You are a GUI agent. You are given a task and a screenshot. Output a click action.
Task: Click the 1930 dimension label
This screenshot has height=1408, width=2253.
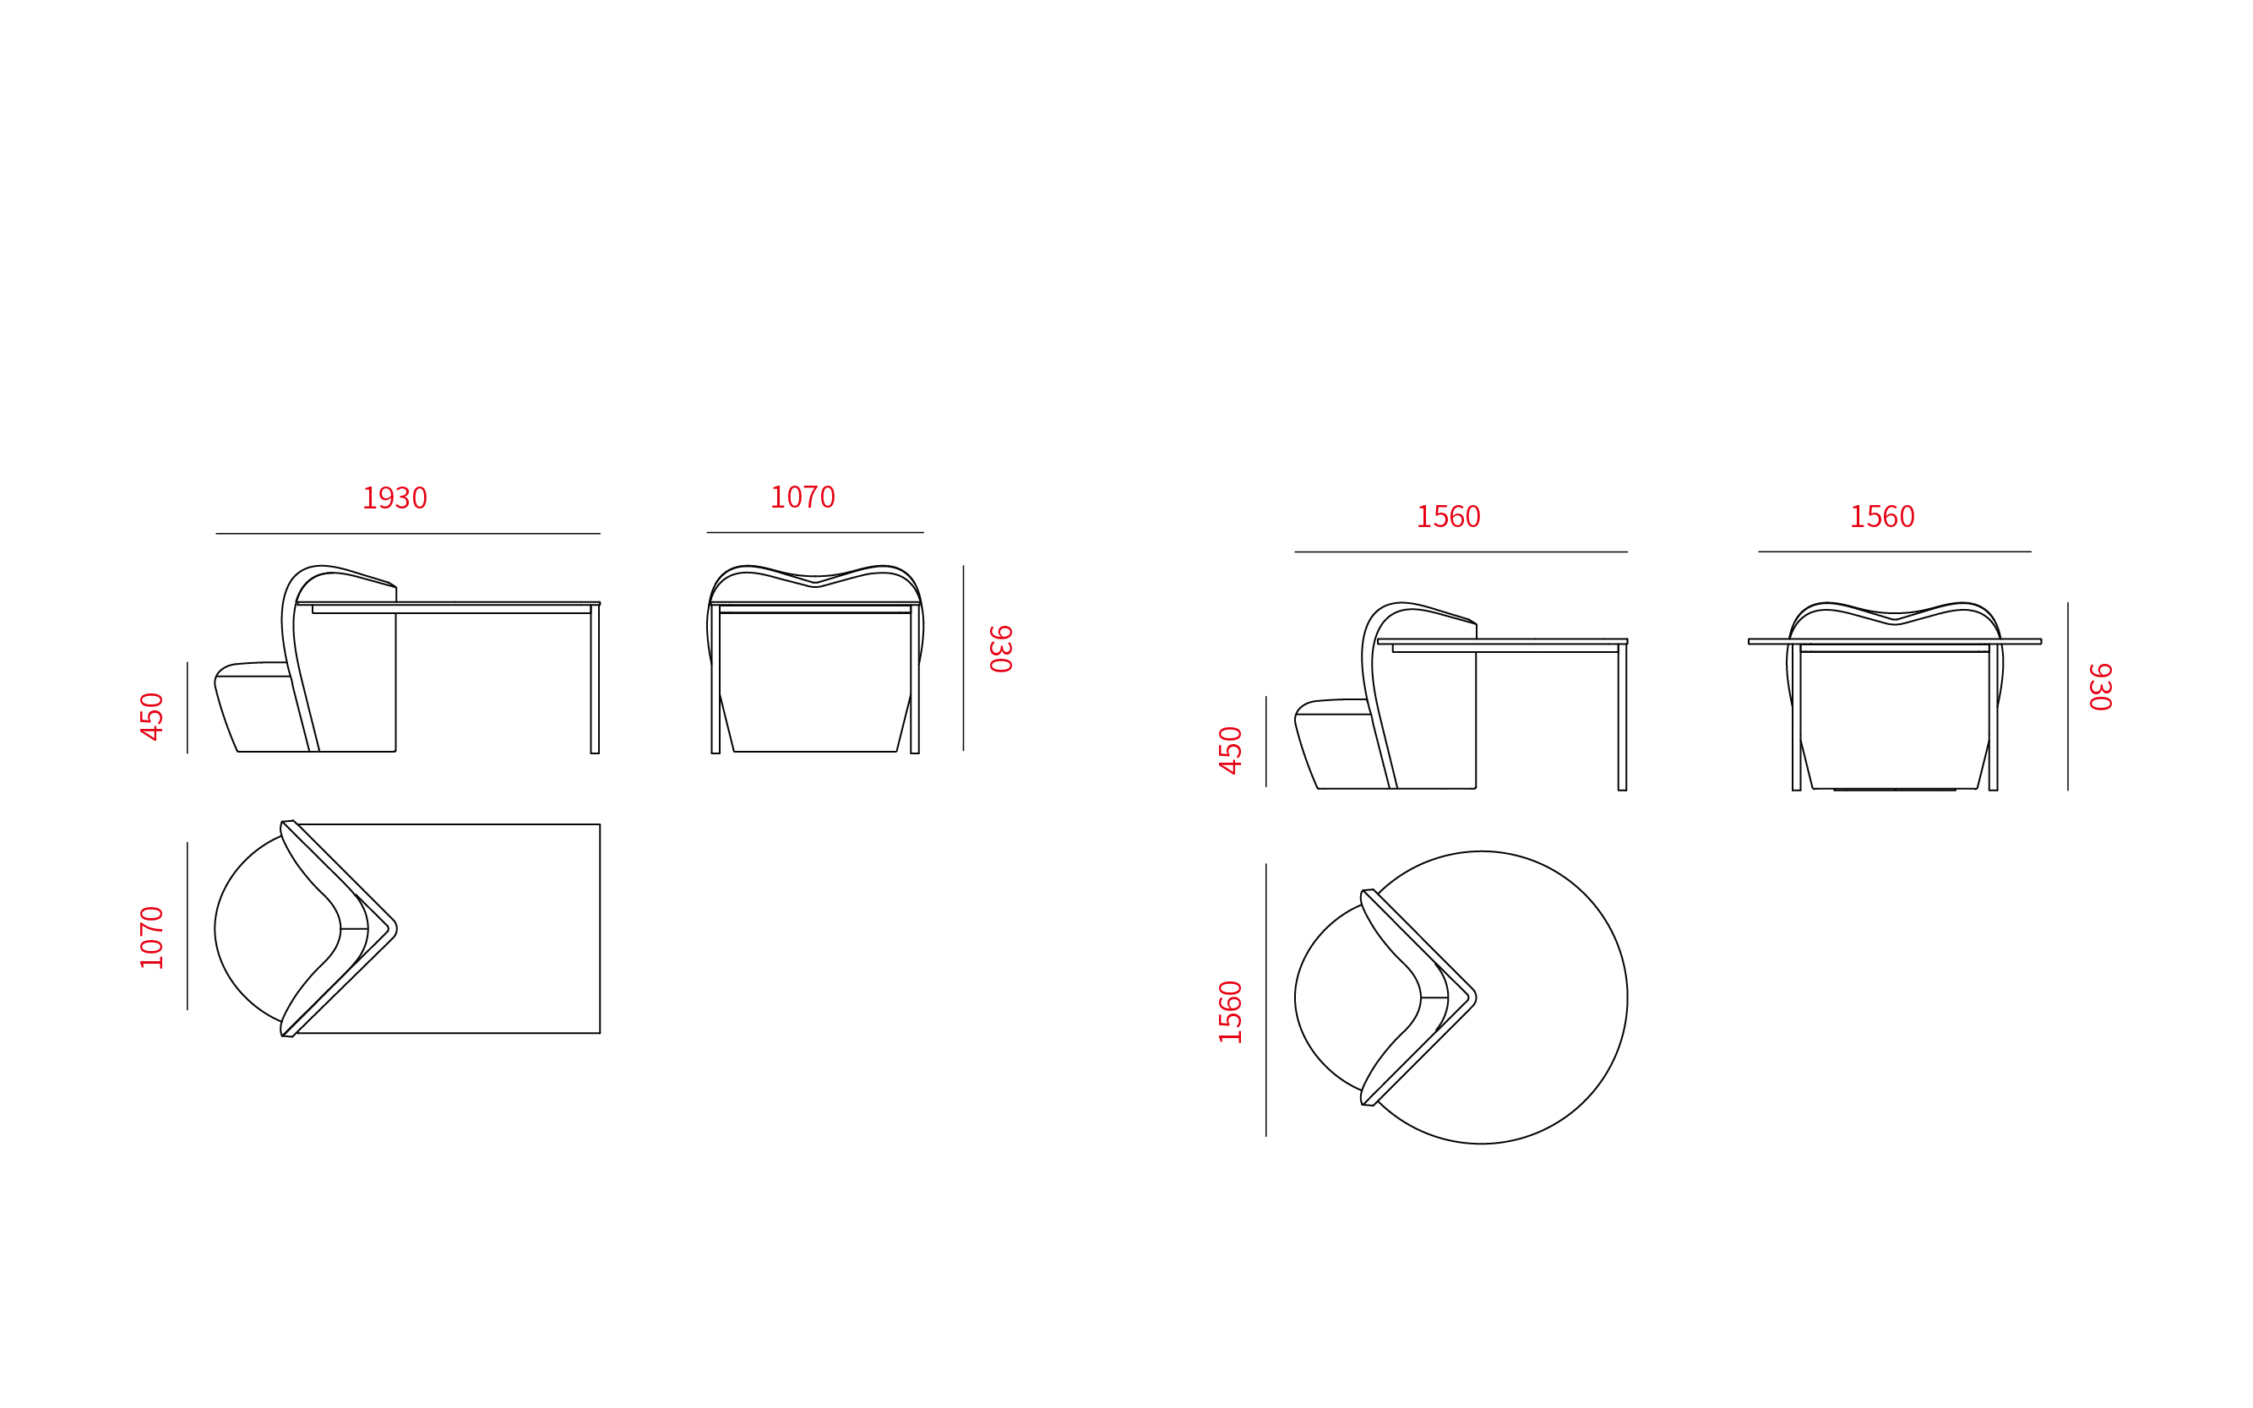tap(394, 498)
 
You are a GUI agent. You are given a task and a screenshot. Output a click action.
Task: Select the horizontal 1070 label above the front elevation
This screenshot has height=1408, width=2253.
tap(802, 497)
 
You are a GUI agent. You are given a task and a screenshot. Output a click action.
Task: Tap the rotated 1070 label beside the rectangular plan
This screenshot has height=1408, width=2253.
tap(152, 938)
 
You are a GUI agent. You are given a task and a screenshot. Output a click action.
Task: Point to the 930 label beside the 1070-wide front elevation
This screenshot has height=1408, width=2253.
tap(1000, 649)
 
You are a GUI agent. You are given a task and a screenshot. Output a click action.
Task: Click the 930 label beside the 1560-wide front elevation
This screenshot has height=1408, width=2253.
tap(2100, 688)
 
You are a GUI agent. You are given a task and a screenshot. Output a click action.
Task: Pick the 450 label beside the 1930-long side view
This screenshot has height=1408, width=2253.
tap(152, 716)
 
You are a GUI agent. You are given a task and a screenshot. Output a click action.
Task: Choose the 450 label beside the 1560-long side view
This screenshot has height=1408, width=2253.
tap(1230, 750)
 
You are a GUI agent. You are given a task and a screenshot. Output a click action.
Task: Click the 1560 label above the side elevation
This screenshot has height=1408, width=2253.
tap(1448, 517)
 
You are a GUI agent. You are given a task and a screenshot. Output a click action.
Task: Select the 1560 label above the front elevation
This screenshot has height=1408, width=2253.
tap(1881, 517)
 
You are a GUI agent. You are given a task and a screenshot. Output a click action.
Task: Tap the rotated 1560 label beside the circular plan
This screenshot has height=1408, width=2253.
tap(1230, 1012)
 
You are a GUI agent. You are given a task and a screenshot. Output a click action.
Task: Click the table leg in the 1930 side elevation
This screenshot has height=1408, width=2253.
tap(594, 679)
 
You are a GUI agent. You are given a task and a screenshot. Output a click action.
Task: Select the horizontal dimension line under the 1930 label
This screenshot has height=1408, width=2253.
tap(408, 534)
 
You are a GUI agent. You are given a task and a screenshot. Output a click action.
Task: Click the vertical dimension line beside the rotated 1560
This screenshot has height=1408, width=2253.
tap(1265, 1000)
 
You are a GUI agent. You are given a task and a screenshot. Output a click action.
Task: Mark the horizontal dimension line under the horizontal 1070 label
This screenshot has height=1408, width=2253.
tap(815, 533)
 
